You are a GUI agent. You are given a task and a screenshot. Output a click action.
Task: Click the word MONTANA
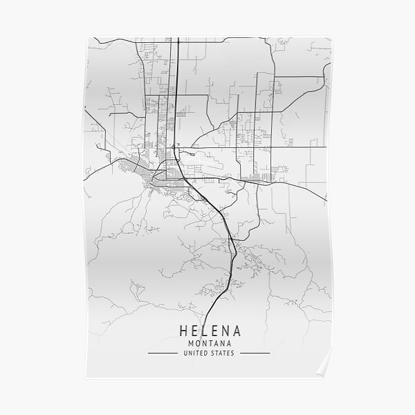[207, 343]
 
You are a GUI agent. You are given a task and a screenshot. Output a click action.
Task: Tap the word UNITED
[195, 353]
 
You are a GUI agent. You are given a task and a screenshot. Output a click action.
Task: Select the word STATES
[222, 353]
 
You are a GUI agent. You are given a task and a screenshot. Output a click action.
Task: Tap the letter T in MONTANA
[207, 343]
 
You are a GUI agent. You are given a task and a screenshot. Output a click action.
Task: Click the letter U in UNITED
[185, 353]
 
